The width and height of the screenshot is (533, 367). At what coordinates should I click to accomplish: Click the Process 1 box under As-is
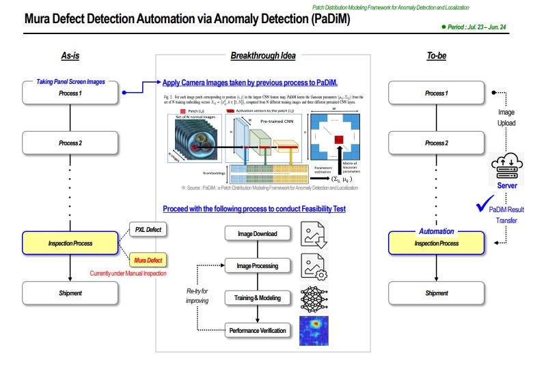[x=70, y=93]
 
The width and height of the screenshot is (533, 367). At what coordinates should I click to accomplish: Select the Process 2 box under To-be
[x=435, y=143]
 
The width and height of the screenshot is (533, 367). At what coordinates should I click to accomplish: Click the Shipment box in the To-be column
[x=436, y=293]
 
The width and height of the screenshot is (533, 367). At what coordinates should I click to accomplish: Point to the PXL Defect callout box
[x=149, y=230]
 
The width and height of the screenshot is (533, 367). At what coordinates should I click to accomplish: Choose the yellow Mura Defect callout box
[x=149, y=261]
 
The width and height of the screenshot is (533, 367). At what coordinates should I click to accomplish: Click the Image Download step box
[x=257, y=234]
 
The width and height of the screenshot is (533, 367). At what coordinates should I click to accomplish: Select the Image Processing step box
[x=257, y=266]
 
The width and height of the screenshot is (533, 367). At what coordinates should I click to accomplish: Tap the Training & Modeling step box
[x=257, y=298]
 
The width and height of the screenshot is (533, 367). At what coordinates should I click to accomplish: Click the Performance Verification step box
[x=257, y=331]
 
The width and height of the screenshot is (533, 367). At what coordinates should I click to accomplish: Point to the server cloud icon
[x=507, y=168]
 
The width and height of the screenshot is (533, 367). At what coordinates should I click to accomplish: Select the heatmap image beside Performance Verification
[x=315, y=331]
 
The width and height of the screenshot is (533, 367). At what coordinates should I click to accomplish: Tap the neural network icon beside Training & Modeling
[x=315, y=298]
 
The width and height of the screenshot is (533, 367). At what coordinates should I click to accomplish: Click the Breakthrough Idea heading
[x=263, y=55]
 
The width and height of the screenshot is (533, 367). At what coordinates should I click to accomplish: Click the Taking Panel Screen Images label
[x=70, y=81]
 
